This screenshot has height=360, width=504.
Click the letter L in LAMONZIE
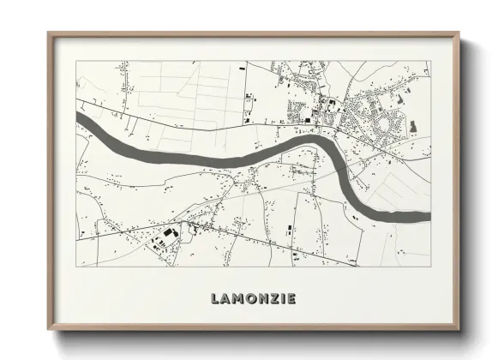coord(214,298)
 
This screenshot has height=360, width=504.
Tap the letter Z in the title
coord(273,298)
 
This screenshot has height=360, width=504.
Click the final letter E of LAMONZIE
coord(292,298)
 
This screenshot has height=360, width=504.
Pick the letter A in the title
coord(225,298)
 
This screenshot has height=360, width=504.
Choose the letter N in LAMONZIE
coord(262,298)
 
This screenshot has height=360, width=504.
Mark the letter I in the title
coord(283,298)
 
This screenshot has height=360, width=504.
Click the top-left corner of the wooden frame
coord(49,33)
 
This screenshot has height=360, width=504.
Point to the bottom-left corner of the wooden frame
coord(49,330)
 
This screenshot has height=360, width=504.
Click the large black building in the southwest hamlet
coord(169,233)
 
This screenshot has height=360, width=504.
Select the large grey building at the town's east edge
coord(414,127)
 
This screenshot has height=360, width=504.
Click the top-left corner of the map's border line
coord(76,61)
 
